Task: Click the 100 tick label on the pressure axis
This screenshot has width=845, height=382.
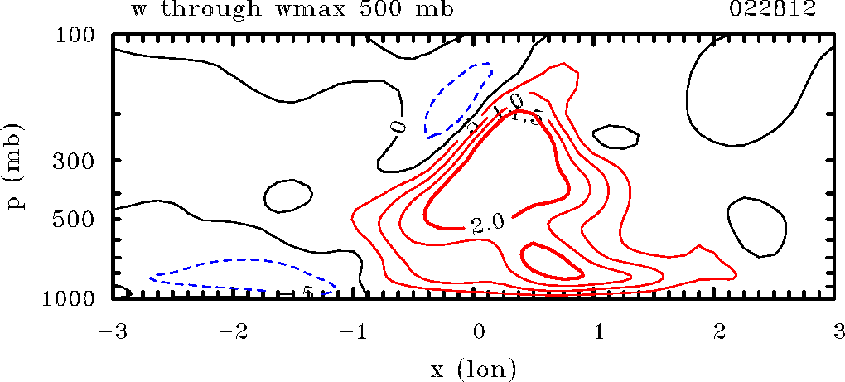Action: point(77,36)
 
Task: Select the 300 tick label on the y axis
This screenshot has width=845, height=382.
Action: point(77,160)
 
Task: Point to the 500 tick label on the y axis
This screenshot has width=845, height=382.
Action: point(77,220)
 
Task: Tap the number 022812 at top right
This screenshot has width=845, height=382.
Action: point(787,11)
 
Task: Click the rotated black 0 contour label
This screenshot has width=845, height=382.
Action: point(400,127)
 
